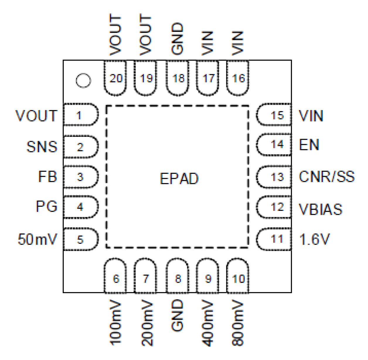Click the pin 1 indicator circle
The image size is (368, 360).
pos(83,80)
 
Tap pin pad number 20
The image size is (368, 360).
pos(115,78)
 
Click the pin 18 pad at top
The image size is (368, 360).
pos(178,78)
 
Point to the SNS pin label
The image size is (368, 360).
pos(42,147)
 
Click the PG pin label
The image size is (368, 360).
pos(46,207)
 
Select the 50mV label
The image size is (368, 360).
pos(37,239)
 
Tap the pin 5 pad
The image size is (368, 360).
pos(80,239)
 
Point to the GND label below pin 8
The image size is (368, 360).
pos(177,315)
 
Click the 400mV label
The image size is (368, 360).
pos(208,322)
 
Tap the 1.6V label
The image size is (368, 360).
pos(314,239)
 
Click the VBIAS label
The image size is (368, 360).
pos(321,209)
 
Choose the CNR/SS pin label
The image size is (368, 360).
pos(326,177)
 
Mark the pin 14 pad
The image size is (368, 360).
pos(274,145)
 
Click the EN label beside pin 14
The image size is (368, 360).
pos(309,145)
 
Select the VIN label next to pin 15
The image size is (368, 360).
pos(311,116)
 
